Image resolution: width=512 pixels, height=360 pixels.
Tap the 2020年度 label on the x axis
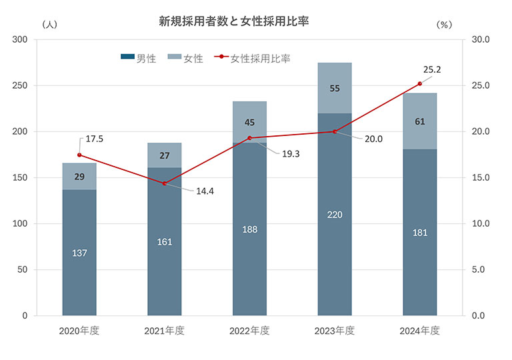pos(79,331)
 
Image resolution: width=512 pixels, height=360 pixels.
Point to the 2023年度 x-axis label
pos(334,331)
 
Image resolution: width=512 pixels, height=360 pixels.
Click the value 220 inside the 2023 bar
pos(334,215)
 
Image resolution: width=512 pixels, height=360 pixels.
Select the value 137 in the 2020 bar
pos(79,253)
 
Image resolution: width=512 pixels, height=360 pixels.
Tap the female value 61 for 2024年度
pos(419,121)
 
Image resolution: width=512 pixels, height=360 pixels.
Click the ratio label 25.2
pos(433,69)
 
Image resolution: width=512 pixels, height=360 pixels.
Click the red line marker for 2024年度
pos(419,84)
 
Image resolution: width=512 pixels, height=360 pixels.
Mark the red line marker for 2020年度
pos(79,155)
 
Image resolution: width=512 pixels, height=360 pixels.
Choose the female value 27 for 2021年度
pos(164,155)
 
